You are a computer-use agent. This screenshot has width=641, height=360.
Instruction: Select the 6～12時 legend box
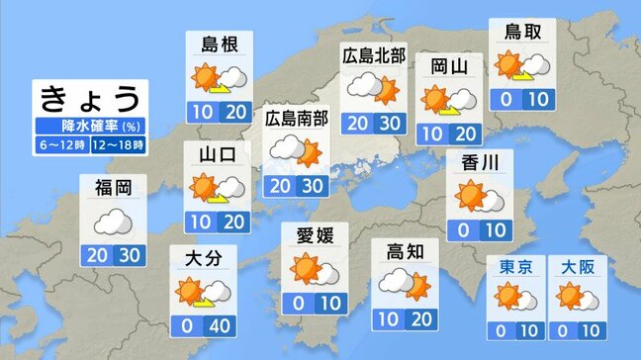coord(61,144)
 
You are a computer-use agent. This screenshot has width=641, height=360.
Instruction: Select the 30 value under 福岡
coord(130,253)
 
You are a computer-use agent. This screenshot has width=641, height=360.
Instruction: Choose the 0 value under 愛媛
coord(299,302)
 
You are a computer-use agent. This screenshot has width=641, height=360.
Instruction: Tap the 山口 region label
coord(215,154)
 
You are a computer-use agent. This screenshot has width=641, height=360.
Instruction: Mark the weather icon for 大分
coord(203,290)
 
